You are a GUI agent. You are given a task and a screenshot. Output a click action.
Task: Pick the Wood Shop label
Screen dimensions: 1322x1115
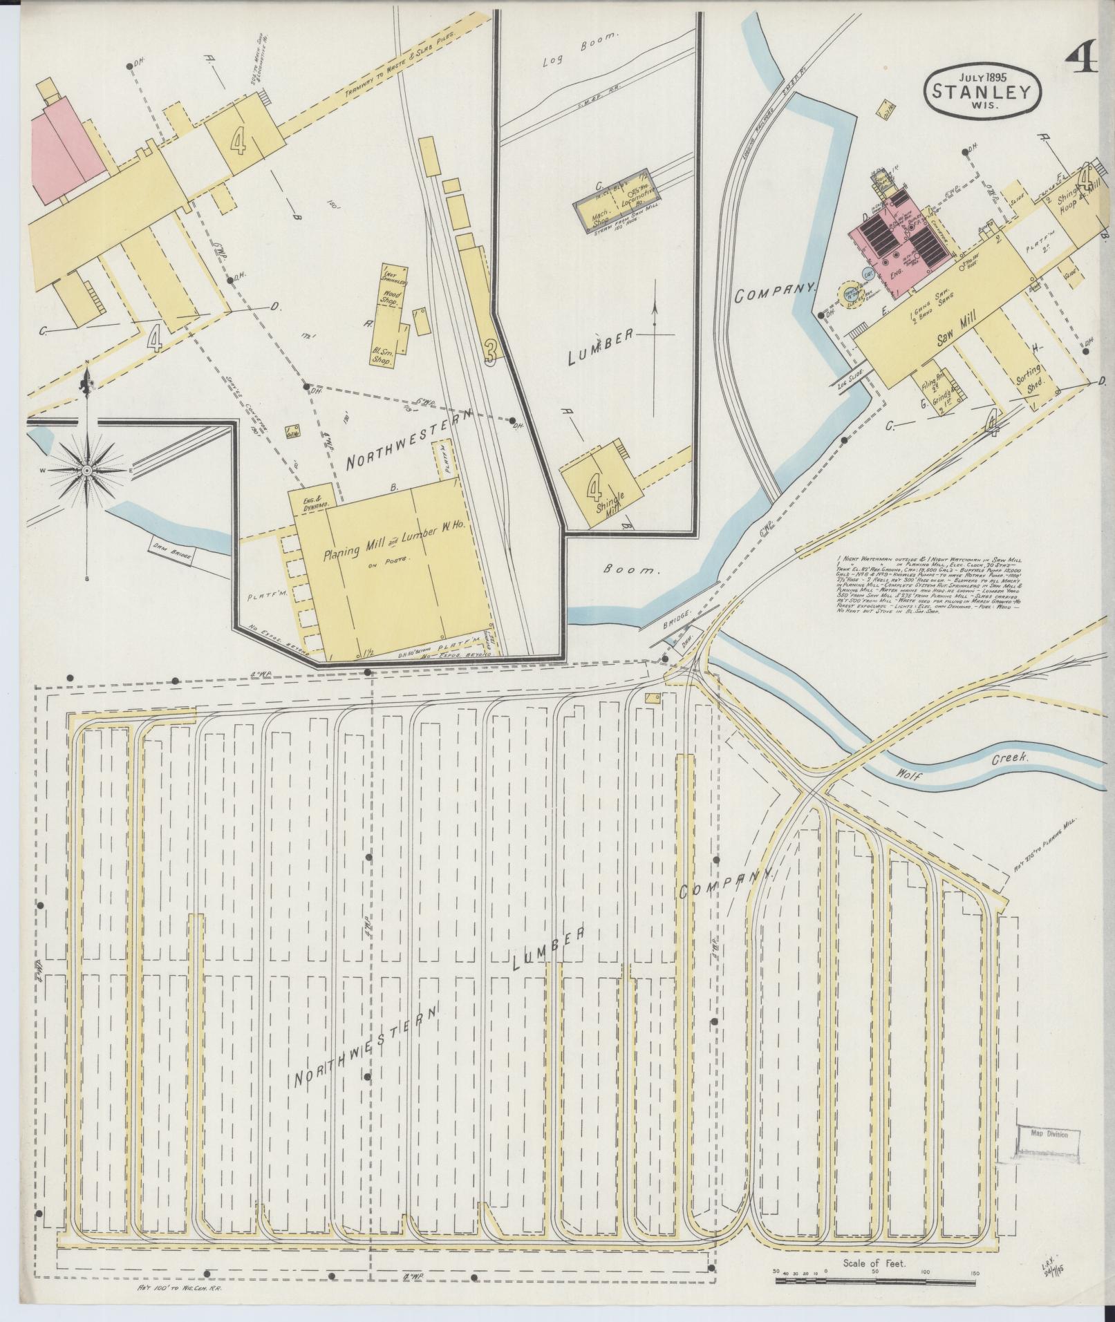[393, 298]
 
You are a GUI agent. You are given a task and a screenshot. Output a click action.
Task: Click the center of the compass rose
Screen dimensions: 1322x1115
[87, 471]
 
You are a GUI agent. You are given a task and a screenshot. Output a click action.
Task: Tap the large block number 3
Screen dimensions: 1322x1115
[490, 352]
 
